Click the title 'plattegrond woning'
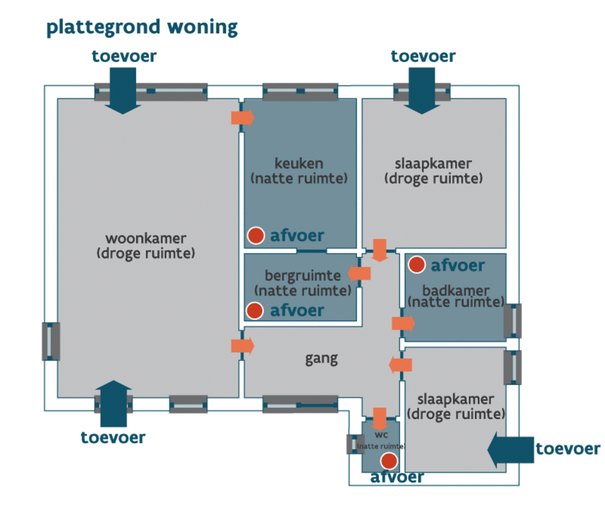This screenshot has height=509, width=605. (x=142, y=27)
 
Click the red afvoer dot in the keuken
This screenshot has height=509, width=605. (x=256, y=235)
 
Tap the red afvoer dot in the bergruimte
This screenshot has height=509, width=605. (x=254, y=311)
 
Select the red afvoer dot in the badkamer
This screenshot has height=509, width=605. (x=416, y=265)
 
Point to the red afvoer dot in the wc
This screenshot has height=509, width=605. (x=389, y=460)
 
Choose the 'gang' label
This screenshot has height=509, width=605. (x=321, y=359)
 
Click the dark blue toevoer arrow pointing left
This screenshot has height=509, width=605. (x=510, y=449)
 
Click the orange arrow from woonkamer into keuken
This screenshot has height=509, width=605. (x=242, y=118)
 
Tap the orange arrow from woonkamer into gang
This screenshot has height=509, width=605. (x=242, y=346)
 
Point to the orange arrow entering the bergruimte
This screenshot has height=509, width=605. (x=359, y=273)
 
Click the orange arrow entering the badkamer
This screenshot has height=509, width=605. (x=403, y=323)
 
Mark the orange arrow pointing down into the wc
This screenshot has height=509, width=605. (x=380, y=418)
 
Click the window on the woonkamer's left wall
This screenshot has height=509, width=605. (x=51, y=341)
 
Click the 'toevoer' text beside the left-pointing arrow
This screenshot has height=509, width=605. (x=568, y=449)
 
